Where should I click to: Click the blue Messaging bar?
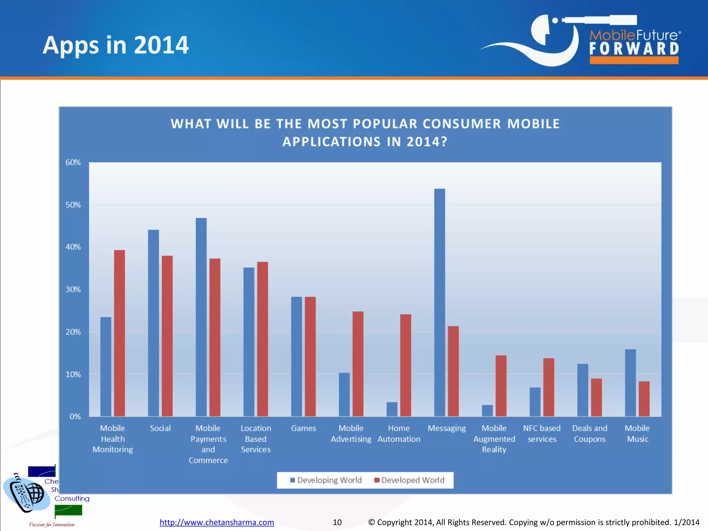439,302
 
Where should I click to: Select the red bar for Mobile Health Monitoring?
119,333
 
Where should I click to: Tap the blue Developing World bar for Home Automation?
392,409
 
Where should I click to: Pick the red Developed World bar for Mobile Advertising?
358,364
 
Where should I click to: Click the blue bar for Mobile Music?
630,382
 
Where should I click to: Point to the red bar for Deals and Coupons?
596,397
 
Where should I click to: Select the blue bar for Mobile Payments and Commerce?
201,317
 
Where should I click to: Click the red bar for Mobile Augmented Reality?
501,385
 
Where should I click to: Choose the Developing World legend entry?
326,480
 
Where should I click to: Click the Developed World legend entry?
410,480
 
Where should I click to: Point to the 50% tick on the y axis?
73,205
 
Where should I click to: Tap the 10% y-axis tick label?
73,374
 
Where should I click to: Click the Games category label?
303,428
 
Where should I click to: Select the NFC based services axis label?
542,434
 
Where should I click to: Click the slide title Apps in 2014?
115,45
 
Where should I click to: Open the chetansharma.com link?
217,522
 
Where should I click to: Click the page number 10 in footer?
337,522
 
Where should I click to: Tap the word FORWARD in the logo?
634,48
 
